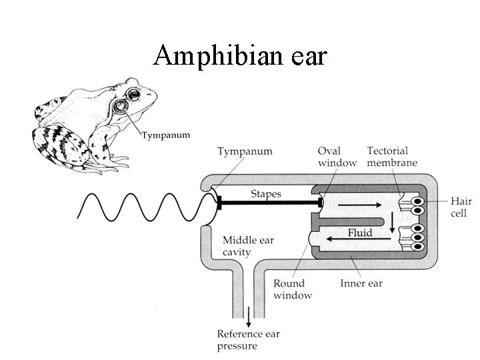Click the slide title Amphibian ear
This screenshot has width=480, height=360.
coord(240,56)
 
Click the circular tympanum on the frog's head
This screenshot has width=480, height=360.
coord(121,107)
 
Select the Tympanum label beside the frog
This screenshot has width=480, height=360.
coord(165,135)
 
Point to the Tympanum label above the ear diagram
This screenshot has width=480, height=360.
coord(245,151)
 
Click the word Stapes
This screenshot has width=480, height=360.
coord(265,194)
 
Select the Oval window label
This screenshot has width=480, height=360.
coord(337,157)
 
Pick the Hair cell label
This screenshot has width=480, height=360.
coord(461,207)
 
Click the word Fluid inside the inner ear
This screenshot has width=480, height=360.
coord(360,234)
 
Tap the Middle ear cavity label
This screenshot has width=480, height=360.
coord(248,246)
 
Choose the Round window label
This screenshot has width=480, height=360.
coord(293,289)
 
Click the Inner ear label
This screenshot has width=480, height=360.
coord(361,284)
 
